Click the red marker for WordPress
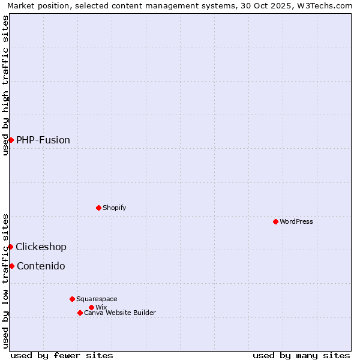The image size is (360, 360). [275, 221]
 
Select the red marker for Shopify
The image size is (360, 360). [98, 208]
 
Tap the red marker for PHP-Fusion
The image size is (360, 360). [11, 140]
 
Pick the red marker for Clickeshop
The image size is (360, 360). [10, 247]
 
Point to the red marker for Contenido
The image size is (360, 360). [11, 266]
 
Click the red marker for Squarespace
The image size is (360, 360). [72, 299]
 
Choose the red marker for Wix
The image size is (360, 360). [91, 307]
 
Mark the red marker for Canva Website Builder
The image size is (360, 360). [80, 313]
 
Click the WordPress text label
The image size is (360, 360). [296, 221]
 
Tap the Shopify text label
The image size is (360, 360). [115, 208]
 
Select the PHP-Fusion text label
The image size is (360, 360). [43, 140]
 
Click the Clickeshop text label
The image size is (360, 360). [41, 247]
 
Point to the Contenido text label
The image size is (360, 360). [41, 266]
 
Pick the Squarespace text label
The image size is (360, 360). [97, 299]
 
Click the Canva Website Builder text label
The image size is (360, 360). [120, 313]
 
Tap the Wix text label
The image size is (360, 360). [101, 307]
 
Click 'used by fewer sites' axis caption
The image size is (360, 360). [62, 355]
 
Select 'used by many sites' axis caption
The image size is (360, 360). [301, 355]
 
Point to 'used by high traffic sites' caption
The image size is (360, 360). [5, 85]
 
